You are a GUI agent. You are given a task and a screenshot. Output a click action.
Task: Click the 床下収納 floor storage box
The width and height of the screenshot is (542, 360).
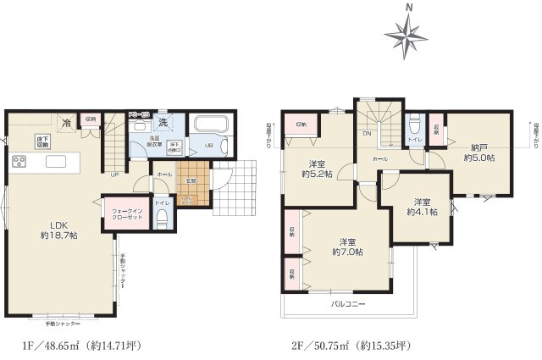click(42, 141)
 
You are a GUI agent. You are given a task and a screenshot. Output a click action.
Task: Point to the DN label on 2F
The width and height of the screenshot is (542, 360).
click(368, 133)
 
